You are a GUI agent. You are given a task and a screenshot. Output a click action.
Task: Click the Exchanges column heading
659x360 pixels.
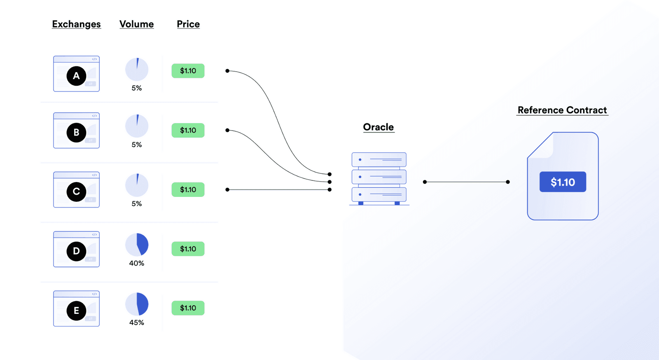pyautogui.click(x=76, y=24)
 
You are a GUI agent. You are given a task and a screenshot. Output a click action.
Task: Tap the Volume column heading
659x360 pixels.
pyautogui.click(x=136, y=24)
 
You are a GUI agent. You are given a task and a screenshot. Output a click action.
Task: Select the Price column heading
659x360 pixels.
pyautogui.click(x=188, y=24)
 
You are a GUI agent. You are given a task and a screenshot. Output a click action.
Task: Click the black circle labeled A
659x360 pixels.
pyautogui.click(x=76, y=76)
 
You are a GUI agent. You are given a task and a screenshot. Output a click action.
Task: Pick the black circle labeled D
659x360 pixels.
pyautogui.click(x=76, y=251)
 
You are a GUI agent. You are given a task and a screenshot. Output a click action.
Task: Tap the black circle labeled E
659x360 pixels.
pyautogui.click(x=76, y=311)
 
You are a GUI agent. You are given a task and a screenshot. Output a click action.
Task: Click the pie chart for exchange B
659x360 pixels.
pyautogui.click(x=137, y=126)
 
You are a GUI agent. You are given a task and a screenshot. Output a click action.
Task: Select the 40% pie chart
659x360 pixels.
pyautogui.click(x=137, y=245)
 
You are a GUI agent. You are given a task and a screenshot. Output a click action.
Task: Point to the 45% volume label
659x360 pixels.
pyautogui.click(x=137, y=323)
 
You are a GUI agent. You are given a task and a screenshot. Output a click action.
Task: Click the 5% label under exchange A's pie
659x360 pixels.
pyautogui.click(x=137, y=88)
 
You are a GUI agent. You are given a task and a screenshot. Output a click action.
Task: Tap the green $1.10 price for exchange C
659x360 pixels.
pyautogui.click(x=188, y=190)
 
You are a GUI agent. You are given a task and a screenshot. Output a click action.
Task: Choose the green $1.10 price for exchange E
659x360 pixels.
pyautogui.click(x=188, y=308)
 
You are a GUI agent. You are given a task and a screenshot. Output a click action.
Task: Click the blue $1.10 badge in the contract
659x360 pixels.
pyautogui.click(x=563, y=182)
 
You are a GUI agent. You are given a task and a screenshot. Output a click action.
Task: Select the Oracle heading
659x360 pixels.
pyautogui.click(x=379, y=127)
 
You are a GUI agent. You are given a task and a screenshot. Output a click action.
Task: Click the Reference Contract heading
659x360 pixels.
pyautogui.click(x=562, y=110)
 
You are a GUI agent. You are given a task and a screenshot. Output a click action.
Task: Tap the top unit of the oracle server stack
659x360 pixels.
pyautogui.click(x=379, y=160)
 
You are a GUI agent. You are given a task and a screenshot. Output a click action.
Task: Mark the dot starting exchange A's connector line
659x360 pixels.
pyautogui.click(x=227, y=71)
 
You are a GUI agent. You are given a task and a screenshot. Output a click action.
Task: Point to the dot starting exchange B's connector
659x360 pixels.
pyautogui.click(x=227, y=130)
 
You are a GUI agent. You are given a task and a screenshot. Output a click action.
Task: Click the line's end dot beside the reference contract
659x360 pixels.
pyautogui.click(x=508, y=182)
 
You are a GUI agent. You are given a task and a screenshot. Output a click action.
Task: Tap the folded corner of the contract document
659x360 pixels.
pyautogui.click(x=543, y=145)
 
